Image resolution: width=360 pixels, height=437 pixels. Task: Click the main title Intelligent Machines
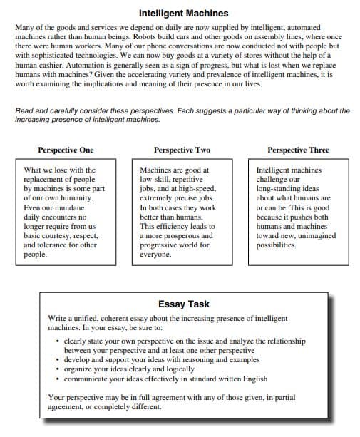(x=183, y=13)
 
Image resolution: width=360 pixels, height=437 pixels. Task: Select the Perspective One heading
(x=65, y=150)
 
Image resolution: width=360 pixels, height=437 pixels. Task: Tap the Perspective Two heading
(x=182, y=150)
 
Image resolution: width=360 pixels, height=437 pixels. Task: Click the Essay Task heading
(x=183, y=303)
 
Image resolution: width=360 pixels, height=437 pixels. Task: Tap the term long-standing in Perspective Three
(x=280, y=189)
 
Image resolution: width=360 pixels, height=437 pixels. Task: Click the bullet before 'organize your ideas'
(x=57, y=369)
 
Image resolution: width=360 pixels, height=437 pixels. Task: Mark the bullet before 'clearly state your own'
(x=57, y=341)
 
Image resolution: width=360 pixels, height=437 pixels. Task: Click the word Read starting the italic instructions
(x=24, y=111)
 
